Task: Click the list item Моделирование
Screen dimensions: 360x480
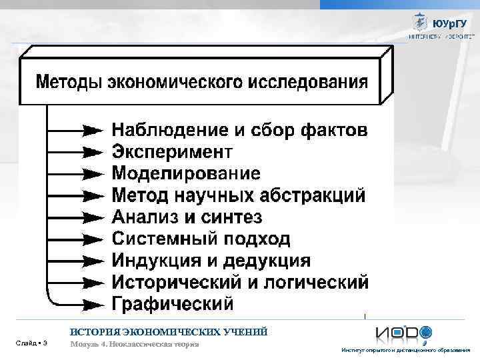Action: (x=186, y=173)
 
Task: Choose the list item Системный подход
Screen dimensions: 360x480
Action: (x=201, y=239)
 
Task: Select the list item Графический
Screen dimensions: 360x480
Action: (x=173, y=304)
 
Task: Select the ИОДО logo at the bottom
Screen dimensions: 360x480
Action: (x=403, y=333)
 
